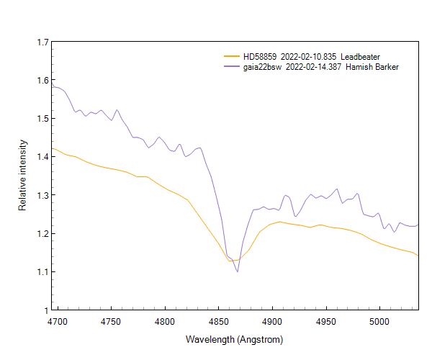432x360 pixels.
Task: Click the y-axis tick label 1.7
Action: (x=42, y=42)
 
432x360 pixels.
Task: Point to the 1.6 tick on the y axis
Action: (x=42, y=80)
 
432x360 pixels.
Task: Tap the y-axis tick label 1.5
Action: (x=42, y=118)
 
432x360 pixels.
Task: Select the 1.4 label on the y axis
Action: (x=42, y=156)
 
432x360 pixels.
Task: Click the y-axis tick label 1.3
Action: (x=42, y=195)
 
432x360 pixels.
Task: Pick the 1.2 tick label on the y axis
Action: (x=42, y=233)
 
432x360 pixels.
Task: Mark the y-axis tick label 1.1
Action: (x=42, y=271)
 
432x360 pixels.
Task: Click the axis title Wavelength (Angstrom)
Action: (x=235, y=339)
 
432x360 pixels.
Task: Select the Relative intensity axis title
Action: (x=22, y=176)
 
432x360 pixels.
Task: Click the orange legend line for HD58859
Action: (x=231, y=56)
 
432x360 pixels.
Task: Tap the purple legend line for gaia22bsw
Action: (x=231, y=67)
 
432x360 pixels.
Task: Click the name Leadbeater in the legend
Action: (x=360, y=56)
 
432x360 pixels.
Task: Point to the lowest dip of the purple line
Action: (x=237, y=271)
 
